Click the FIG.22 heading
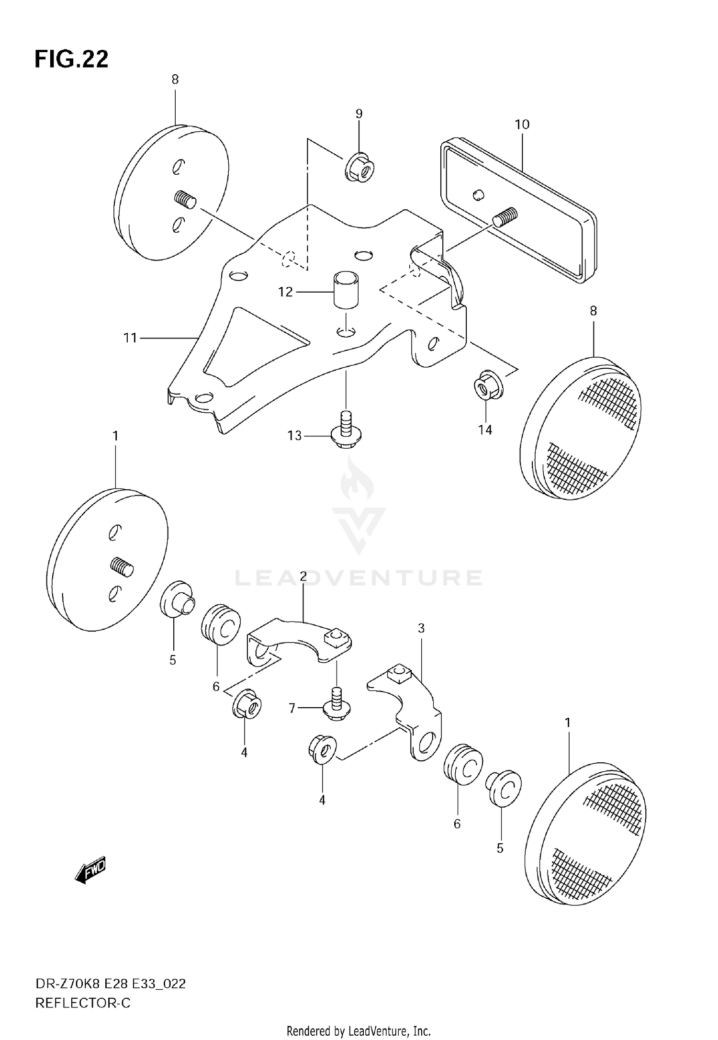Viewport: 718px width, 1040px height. point(71,59)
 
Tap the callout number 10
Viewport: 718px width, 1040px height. point(522,124)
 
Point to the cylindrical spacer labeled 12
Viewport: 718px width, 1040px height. point(346,290)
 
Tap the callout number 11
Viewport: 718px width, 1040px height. point(130,338)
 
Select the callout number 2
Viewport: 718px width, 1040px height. point(303,577)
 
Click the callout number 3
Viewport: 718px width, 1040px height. point(421,628)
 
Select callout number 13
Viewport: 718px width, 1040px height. point(294,435)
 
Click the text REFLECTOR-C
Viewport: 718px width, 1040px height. point(83,1003)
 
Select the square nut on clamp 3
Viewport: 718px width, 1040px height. point(399,675)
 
